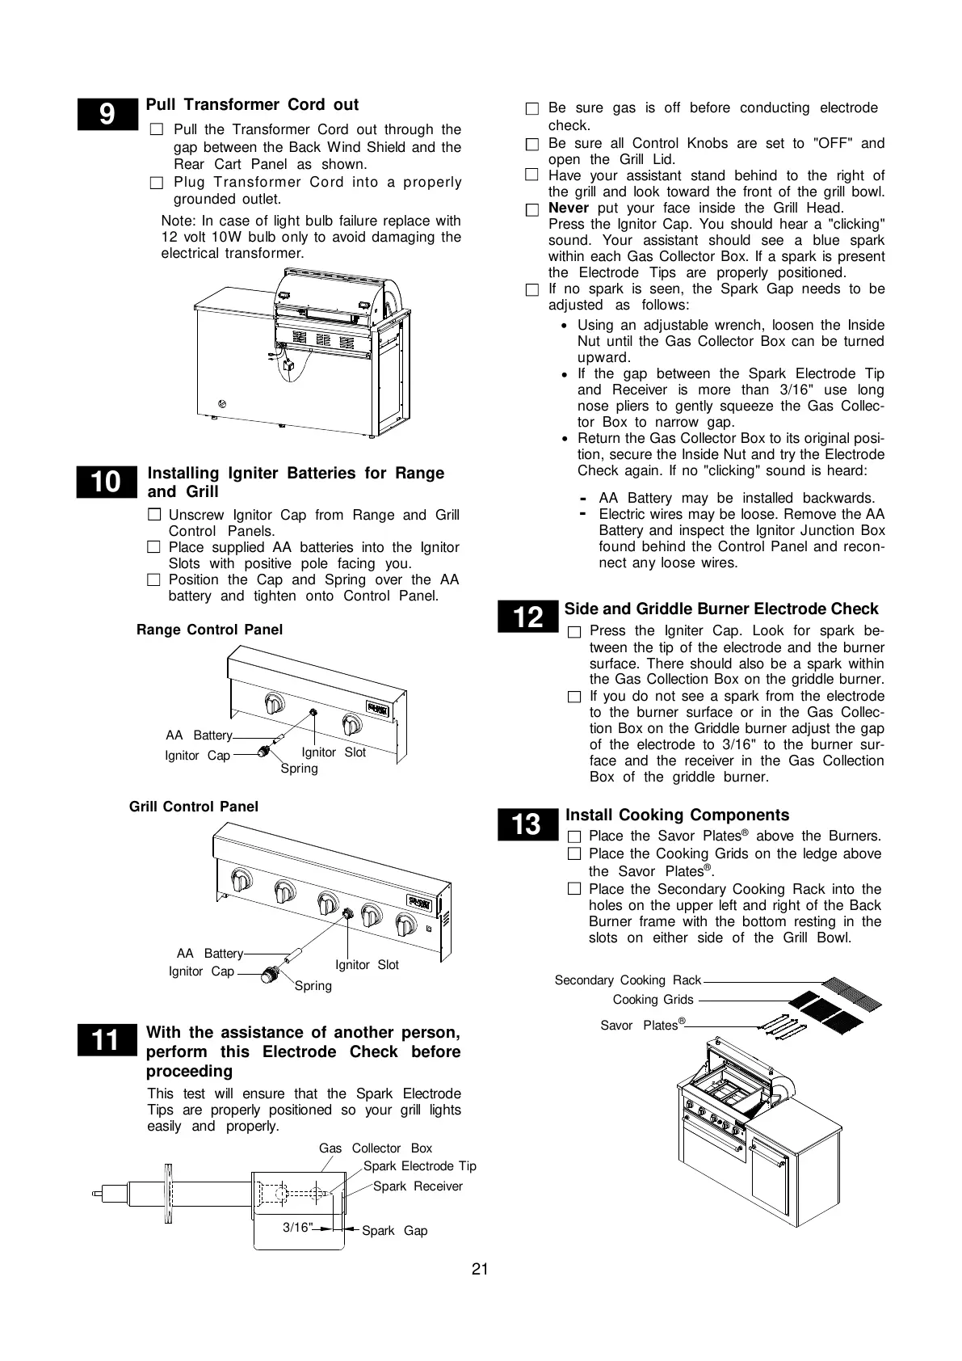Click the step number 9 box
[107, 115]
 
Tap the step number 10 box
[107, 482]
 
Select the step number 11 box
[107, 1041]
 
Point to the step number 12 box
[528, 617]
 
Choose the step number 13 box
[527, 824]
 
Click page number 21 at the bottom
[480, 1270]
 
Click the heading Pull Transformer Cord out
[252, 105]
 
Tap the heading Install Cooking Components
[677, 815]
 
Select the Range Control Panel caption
[209, 630]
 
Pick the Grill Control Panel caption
[194, 807]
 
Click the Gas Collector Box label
[376, 1148]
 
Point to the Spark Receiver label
[418, 1186]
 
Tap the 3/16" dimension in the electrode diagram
[296, 1228]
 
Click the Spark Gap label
[394, 1231]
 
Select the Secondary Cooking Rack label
[628, 980]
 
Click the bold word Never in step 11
[569, 209]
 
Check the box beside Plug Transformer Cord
[157, 183]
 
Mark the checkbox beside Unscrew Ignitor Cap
[154, 515]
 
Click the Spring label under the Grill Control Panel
[313, 986]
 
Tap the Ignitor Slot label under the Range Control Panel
[334, 752]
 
